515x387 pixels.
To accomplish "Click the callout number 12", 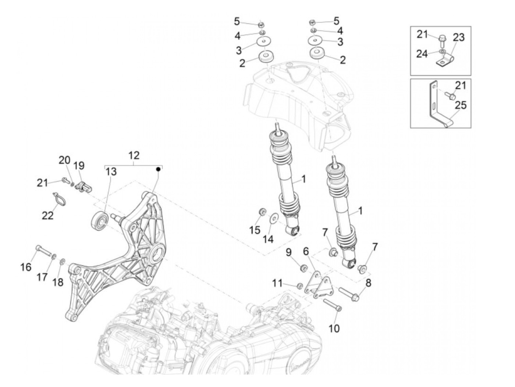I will click(x=134, y=155).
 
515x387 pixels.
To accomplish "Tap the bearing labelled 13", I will click(x=99, y=220).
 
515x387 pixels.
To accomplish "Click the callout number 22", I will click(x=47, y=215).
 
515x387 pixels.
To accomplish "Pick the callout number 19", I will click(x=79, y=166).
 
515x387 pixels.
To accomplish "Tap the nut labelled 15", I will click(x=263, y=212).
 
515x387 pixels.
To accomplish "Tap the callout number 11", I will click(x=277, y=283).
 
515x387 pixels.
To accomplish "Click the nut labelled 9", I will click(x=304, y=268).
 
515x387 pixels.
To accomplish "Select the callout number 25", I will click(x=460, y=105).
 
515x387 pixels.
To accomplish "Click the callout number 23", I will click(x=458, y=38).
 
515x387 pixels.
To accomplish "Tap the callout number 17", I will click(x=42, y=277).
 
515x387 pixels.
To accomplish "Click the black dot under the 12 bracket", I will click(x=159, y=169).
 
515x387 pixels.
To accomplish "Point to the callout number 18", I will click(x=58, y=282).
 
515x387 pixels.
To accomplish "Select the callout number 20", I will click(x=64, y=160).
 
